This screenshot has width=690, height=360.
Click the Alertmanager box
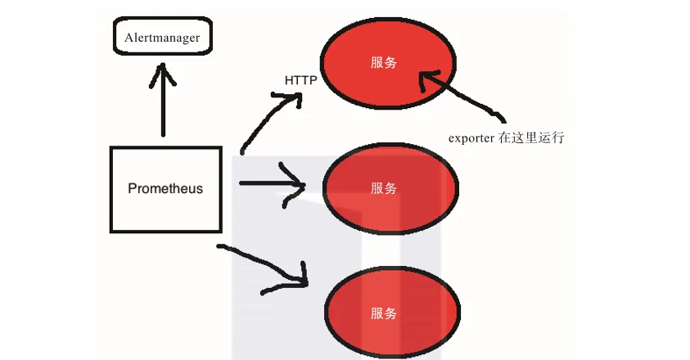pos(162,38)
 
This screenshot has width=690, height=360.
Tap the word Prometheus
pos(165,188)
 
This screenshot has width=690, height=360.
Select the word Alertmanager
pos(162,38)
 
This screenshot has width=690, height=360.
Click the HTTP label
pos(301,80)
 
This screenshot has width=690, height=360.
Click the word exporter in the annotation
pos(471,137)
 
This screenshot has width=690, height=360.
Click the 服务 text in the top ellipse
pos(384,63)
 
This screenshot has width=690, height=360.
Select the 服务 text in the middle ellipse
pos(384,189)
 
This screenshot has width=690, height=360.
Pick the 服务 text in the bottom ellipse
pos(384,313)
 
